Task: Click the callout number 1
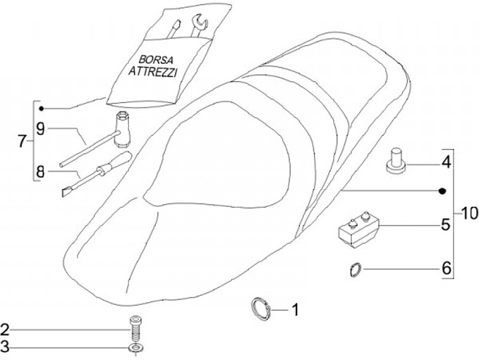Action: pos(295,309)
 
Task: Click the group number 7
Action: pos(21,142)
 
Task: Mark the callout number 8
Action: pos(41,171)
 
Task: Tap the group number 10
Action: pos(467,214)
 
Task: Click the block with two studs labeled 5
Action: pos(358,228)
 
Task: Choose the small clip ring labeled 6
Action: pos(357,270)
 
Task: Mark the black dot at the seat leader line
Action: pos(441,192)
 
